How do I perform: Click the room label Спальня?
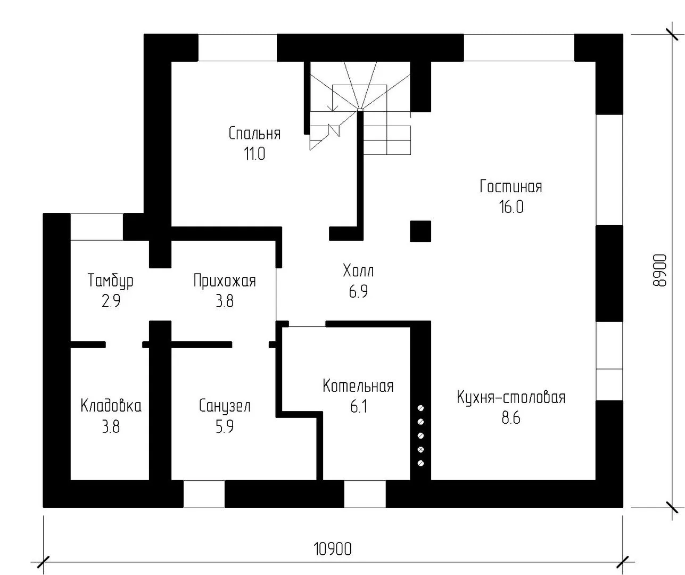click(254, 133)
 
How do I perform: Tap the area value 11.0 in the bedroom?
click(254, 153)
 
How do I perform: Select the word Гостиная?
click(511, 186)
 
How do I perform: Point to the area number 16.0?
click(511, 207)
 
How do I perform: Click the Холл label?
click(358, 271)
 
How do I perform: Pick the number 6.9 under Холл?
click(358, 291)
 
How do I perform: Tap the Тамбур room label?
click(111, 281)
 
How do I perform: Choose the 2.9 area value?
click(111, 301)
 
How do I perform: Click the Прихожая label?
click(225, 281)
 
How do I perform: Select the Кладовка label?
click(111, 406)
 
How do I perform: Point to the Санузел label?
click(225, 406)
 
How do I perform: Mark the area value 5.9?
click(225, 426)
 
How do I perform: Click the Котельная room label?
click(358, 385)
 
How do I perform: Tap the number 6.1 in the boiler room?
click(358, 406)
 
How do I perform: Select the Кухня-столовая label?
click(511, 397)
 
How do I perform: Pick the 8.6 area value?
click(511, 418)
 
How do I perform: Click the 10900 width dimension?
click(333, 549)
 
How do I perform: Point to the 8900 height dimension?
click(659, 270)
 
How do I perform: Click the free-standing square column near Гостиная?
click(420, 232)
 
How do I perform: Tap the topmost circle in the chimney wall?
click(420, 408)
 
